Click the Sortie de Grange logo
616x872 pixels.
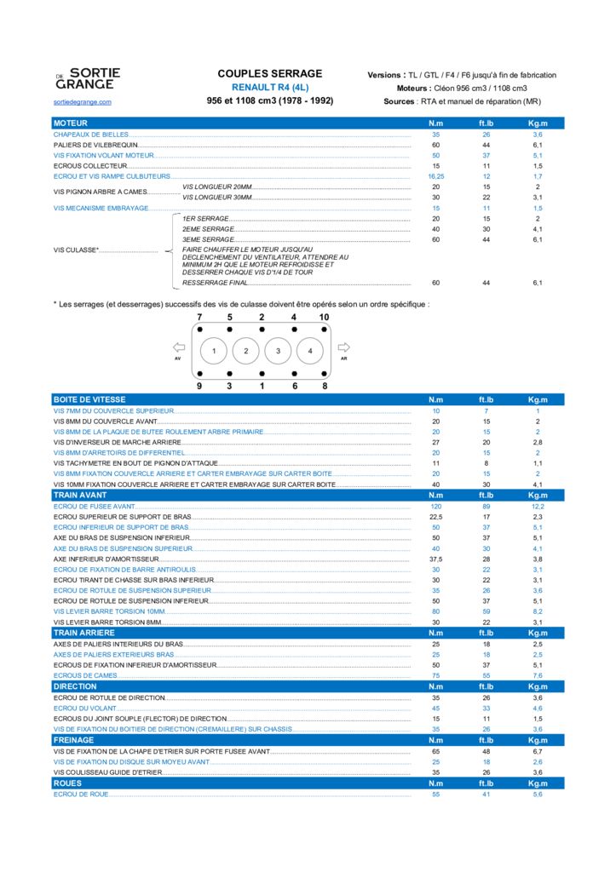tap(87, 79)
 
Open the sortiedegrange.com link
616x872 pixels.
tap(82, 102)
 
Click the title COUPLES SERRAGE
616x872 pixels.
tap(270, 74)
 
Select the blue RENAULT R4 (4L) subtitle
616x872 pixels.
tap(270, 88)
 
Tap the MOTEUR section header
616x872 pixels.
tap(71, 123)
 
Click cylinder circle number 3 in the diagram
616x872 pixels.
tap(278, 351)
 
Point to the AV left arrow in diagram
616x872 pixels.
tap(178, 347)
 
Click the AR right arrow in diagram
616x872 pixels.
tap(343, 347)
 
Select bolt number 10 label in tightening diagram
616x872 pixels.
tap(325, 317)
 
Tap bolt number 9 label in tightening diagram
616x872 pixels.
tap(199, 387)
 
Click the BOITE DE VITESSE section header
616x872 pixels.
tap(89, 399)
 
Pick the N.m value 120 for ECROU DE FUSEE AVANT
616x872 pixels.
tap(436, 506)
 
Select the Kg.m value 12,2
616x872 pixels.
tap(538, 506)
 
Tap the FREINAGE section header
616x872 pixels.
tap(74, 740)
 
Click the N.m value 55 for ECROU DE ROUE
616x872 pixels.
tap(436, 794)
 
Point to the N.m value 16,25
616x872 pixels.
tap(436, 176)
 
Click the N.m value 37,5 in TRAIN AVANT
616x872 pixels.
tap(436, 559)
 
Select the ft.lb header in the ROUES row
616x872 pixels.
tap(486, 783)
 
